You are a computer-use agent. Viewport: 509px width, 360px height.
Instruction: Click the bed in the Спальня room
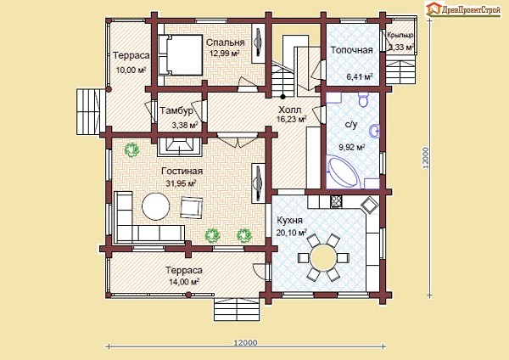[180, 54]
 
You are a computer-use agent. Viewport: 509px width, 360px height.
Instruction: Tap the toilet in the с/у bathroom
[364, 99]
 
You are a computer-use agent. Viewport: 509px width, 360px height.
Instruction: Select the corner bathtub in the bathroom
[344, 172]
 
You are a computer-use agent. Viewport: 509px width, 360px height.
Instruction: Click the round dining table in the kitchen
[324, 256]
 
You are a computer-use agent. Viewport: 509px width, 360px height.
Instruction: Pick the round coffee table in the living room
[156, 206]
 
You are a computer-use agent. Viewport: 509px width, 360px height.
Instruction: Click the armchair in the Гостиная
[192, 208]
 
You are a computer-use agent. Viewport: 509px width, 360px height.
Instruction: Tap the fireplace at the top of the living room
[180, 147]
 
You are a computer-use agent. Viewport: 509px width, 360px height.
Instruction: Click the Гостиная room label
[182, 172]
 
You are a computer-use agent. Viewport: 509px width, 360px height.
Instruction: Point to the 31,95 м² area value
[182, 183]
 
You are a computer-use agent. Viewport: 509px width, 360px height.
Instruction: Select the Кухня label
[289, 220]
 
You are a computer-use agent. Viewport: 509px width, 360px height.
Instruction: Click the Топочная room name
[351, 50]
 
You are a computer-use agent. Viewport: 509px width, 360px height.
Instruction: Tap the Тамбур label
[176, 110]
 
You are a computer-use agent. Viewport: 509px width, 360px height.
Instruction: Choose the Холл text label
[290, 110]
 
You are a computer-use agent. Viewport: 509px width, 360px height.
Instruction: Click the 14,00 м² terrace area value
[184, 282]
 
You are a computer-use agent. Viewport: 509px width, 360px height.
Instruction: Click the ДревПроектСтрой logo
[462, 9]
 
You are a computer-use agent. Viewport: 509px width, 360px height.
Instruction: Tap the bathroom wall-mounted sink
[375, 132]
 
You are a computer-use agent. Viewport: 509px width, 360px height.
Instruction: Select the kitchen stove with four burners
[336, 201]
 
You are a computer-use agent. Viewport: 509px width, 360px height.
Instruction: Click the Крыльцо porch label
[400, 35]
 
